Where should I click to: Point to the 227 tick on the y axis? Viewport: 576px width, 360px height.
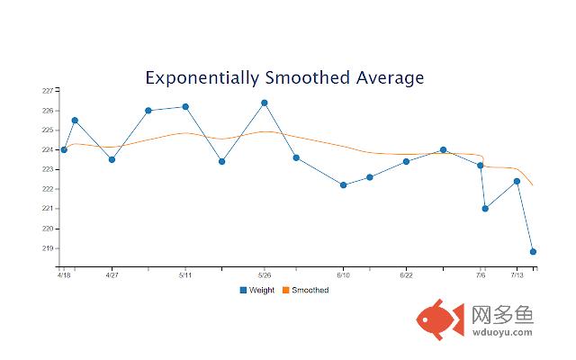click(x=47, y=91)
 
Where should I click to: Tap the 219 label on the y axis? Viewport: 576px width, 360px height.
click(x=47, y=248)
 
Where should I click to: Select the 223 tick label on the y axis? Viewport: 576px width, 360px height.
click(x=47, y=169)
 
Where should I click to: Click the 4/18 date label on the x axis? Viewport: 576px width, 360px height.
click(x=63, y=275)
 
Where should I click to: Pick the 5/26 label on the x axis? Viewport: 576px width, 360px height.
click(x=265, y=275)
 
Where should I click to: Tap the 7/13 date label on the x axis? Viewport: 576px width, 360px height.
click(x=517, y=275)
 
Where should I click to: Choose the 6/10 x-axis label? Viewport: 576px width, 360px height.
click(x=344, y=275)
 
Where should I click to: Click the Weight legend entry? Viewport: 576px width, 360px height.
click(x=256, y=290)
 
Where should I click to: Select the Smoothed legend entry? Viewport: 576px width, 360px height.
click(x=305, y=290)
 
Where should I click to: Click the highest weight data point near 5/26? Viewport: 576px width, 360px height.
click(x=265, y=103)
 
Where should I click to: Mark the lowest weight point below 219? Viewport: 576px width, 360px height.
click(x=534, y=252)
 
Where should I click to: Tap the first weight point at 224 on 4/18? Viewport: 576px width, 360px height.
click(x=64, y=149)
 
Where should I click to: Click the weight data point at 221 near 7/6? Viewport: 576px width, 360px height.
click(x=485, y=209)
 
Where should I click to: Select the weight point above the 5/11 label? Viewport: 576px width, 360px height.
click(x=185, y=106)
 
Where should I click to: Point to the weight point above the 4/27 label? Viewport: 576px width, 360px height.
click(x=112, y=159)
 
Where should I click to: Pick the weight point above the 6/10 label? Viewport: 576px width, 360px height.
click(x=344, y=184)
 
